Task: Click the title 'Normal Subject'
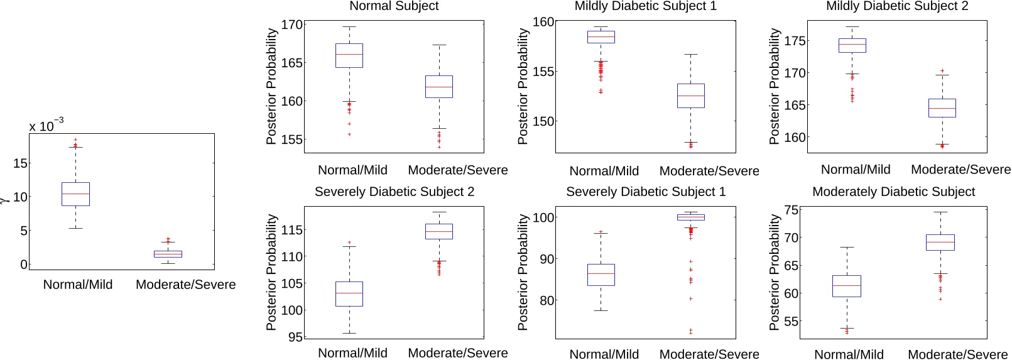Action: tap(394, 6)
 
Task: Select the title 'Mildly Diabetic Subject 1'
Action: tap(645, 6)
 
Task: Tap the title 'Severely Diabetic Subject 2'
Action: tap(394, 192)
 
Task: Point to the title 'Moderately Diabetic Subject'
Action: tap(893, 192)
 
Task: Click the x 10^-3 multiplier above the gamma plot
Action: tap(46, 125)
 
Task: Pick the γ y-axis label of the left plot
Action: tap(4, 199)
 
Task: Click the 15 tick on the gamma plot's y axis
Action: tap(20, 163)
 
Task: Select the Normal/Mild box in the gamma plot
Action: tap(75, 194)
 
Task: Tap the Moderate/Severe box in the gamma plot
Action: tap(168, 254)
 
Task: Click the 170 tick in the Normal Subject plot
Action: tap(291, 25)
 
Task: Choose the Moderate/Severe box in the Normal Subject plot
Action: tap(439, 87)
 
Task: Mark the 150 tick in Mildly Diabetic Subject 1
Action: tap(543, 121)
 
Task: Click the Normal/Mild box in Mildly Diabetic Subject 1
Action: tap(601, 37)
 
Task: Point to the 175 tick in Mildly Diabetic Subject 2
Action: tap(795, 41)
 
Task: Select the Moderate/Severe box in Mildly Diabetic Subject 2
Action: tap(942, 108)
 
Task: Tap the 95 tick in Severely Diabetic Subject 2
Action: tap(295, 337)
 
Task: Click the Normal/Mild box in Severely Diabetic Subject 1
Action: tap(601, 275)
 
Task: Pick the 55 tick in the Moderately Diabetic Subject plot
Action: tap(792, 322)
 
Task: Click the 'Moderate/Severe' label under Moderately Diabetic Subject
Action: tap(957, 354)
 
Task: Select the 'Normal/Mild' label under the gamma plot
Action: tap(78, 285)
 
